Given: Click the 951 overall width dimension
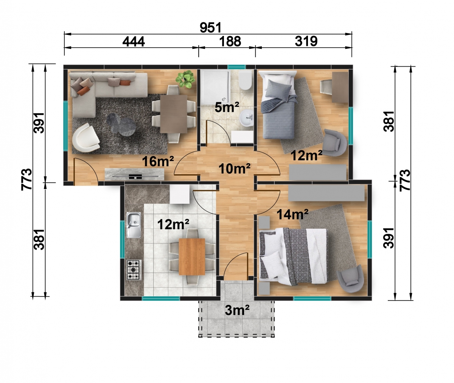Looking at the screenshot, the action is pyautogui.click(x=210, y=28).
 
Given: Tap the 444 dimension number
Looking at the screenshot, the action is pyautogui.click(x=134, y=42).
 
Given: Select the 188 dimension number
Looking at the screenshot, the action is pyautogui.click(x=230, y=41).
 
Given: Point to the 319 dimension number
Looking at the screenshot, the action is pyautogui.click(x=306, y=41).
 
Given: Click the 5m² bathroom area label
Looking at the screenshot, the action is pyautogui.click(x=227, y=107).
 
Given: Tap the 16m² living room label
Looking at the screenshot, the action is pyautogui.click(x=158, y=161).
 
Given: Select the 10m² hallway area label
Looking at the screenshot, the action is pyautogui.click(x=235, y=169).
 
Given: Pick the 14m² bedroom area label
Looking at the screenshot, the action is pyautogui.click(x=292, y=214).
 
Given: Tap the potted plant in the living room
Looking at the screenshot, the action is pyautogui.click(x=185, y=79).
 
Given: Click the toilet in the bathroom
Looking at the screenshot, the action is pyautogui.click(x=245, y=81).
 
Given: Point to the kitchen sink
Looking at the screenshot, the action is pyautogui.click(x=134, y=225).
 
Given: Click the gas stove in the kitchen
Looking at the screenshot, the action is pyautogui.click(x=134, y=270).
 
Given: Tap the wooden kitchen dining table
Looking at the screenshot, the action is pyautogui.click(x=192, y=257).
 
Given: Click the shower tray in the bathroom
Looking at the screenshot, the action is pyautogui.click(x=215, y=87).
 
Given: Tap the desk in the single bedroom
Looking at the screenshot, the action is pyautogui.click(x=340, y=87).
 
